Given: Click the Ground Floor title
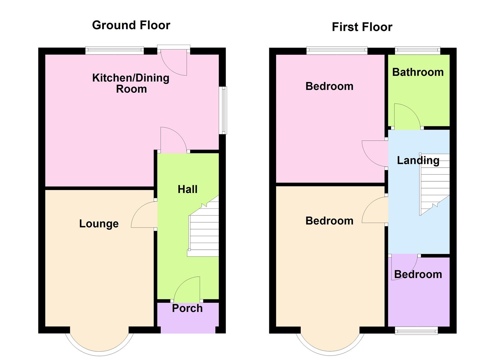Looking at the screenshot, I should (131, 25).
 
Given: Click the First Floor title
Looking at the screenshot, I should (362, 27).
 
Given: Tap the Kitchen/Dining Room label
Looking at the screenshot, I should (131, 83).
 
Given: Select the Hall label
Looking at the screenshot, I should (187, 189).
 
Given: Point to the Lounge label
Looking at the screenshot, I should (99, 224).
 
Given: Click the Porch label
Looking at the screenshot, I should (187, 308).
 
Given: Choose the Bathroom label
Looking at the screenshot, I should (418, 72).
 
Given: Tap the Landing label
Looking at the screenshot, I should (418, 160).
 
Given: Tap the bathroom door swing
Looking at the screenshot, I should (406, 117).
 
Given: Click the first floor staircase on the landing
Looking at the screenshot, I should (434, 185).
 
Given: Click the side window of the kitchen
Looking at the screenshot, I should (224, 110).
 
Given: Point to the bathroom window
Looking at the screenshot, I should (417, 51).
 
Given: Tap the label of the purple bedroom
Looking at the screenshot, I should (418, 274).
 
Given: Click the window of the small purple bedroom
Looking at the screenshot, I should (416, 331).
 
